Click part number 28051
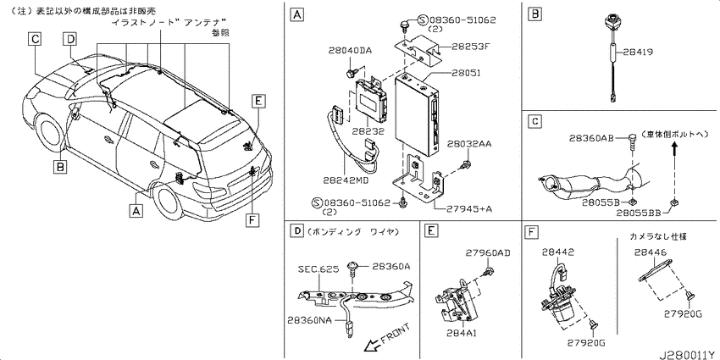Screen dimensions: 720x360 (x=465, y=73)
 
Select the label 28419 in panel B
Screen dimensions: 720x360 (x=638, y=53)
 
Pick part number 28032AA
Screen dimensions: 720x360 (x=472, y=144)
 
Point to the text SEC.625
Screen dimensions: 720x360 (x=318, y=269)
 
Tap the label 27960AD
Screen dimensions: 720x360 (x=488, y=252)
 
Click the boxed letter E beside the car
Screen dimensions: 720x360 (x=258, y=101)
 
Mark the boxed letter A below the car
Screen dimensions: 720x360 (x=136, y=210)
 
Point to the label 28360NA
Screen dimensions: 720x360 (x=309, y=319)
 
